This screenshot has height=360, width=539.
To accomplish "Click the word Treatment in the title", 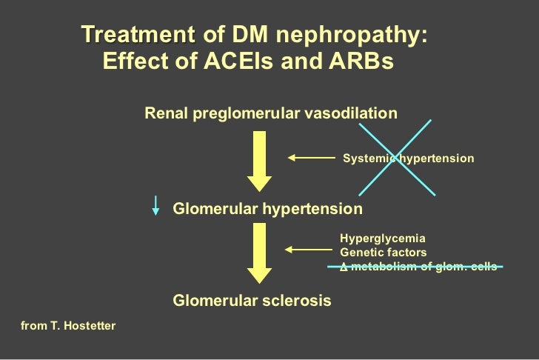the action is click(x=138, y=35).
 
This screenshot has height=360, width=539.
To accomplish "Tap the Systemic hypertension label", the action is click(x=408, y=159).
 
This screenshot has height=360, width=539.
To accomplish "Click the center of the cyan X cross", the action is click(x=398, y=158).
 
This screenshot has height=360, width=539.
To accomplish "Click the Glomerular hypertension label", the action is click(x=267, y=209).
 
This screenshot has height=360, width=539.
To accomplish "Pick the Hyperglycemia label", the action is click(x=383, y=239).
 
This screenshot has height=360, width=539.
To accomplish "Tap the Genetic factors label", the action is click(x=383, y=253).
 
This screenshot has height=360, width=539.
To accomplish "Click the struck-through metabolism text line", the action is click(x=418, y=267).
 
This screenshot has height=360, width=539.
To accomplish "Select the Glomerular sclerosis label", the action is click(x=252, y=301).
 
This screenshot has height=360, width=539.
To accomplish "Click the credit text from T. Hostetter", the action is click(x=69, y=325).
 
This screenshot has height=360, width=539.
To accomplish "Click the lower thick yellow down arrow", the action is click(x=260, y=253).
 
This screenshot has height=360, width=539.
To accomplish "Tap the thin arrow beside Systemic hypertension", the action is click(x=311, y=158).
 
